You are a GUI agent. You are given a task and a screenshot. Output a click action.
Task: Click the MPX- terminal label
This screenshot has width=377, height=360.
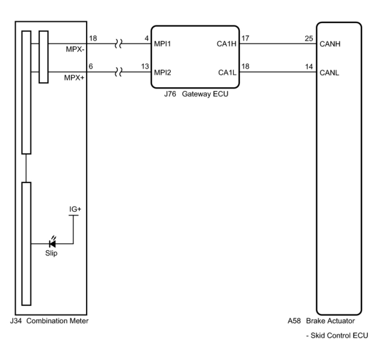coord(75,49)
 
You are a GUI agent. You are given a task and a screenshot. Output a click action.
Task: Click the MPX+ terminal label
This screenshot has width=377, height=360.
coord(74,78)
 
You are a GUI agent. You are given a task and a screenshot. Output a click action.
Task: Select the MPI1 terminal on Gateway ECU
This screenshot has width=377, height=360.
coord(162,44)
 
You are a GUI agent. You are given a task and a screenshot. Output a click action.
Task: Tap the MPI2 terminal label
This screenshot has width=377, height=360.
coord(163,73)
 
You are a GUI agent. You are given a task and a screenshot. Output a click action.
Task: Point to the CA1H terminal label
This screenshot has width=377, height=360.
coord(227,44)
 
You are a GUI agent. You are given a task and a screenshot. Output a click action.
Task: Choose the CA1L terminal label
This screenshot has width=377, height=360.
coord(227,73)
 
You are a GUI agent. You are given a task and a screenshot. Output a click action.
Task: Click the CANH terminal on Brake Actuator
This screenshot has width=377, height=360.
coord(330,44)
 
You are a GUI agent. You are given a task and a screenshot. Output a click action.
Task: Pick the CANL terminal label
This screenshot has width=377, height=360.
coord(329,73)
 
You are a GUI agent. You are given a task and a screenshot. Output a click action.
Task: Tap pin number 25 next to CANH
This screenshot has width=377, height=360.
coord(309,39)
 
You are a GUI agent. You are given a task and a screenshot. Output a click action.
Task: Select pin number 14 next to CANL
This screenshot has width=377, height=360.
coord(309,67)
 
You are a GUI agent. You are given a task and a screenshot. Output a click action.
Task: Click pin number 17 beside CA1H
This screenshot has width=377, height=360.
coord(245,38)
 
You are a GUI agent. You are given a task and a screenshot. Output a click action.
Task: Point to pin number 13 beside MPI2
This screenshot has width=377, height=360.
coord(145,66)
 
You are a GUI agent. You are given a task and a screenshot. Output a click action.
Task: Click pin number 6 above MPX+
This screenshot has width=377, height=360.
coord(91,66)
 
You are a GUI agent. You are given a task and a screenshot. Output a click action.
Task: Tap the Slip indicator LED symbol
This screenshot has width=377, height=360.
coord(52,243)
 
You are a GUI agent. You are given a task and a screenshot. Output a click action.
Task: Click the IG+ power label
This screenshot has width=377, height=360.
coord(75,209)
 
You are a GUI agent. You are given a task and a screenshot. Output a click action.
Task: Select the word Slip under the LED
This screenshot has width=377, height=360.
coord(51,253)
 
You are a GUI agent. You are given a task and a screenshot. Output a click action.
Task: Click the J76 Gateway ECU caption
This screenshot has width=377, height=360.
coord(196,94)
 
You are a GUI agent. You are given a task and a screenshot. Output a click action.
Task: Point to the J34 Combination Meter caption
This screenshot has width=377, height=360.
coord(49,321)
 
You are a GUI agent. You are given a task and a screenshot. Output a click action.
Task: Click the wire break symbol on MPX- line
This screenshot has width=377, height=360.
coord(118,44)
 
